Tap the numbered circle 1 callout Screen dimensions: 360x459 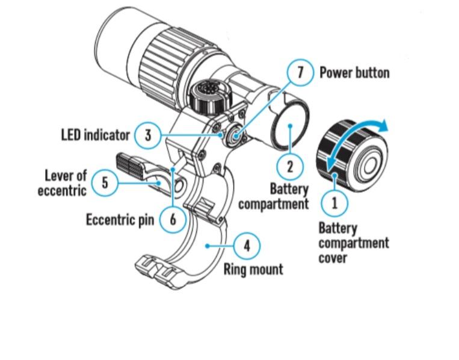[x=335, y=202]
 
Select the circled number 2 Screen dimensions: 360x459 [x=289, y=166]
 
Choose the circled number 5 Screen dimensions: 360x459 [x=106, y=182]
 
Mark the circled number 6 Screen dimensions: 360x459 [x=173, y=219]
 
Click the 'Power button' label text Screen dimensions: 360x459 [x=354, y=73]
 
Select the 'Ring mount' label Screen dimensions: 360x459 [x=253, y=269]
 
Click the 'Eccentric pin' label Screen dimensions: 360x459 [x=120, y=219]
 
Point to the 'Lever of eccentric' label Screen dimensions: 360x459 [x=66, y=183]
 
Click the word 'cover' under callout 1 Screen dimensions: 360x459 [x=333, y=258]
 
